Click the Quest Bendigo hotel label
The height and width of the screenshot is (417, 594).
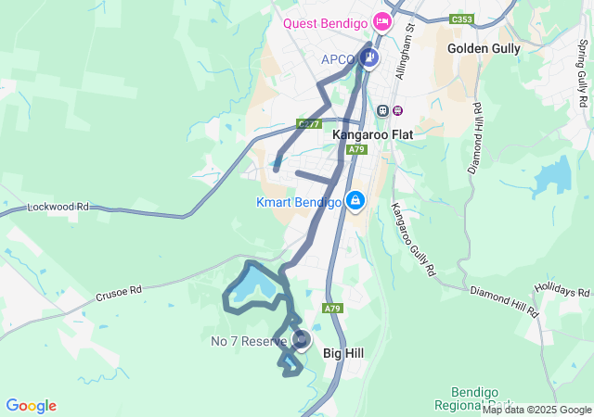tap(326, 24)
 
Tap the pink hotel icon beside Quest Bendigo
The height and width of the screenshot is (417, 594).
tap(381, 21)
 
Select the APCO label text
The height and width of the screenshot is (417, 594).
tap(339, 60)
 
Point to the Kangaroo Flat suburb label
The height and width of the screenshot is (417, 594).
tap(372, 134)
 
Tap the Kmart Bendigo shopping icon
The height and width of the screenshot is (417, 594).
tap(355, 200)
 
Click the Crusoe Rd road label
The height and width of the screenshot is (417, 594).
tap(118, 292)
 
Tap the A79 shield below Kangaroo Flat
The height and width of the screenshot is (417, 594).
tap(358, 149)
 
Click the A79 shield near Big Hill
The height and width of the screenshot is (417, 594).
tap(333, 308)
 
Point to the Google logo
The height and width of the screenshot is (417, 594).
tap(31, 406)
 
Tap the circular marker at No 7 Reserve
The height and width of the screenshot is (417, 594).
tap(302, 340)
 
